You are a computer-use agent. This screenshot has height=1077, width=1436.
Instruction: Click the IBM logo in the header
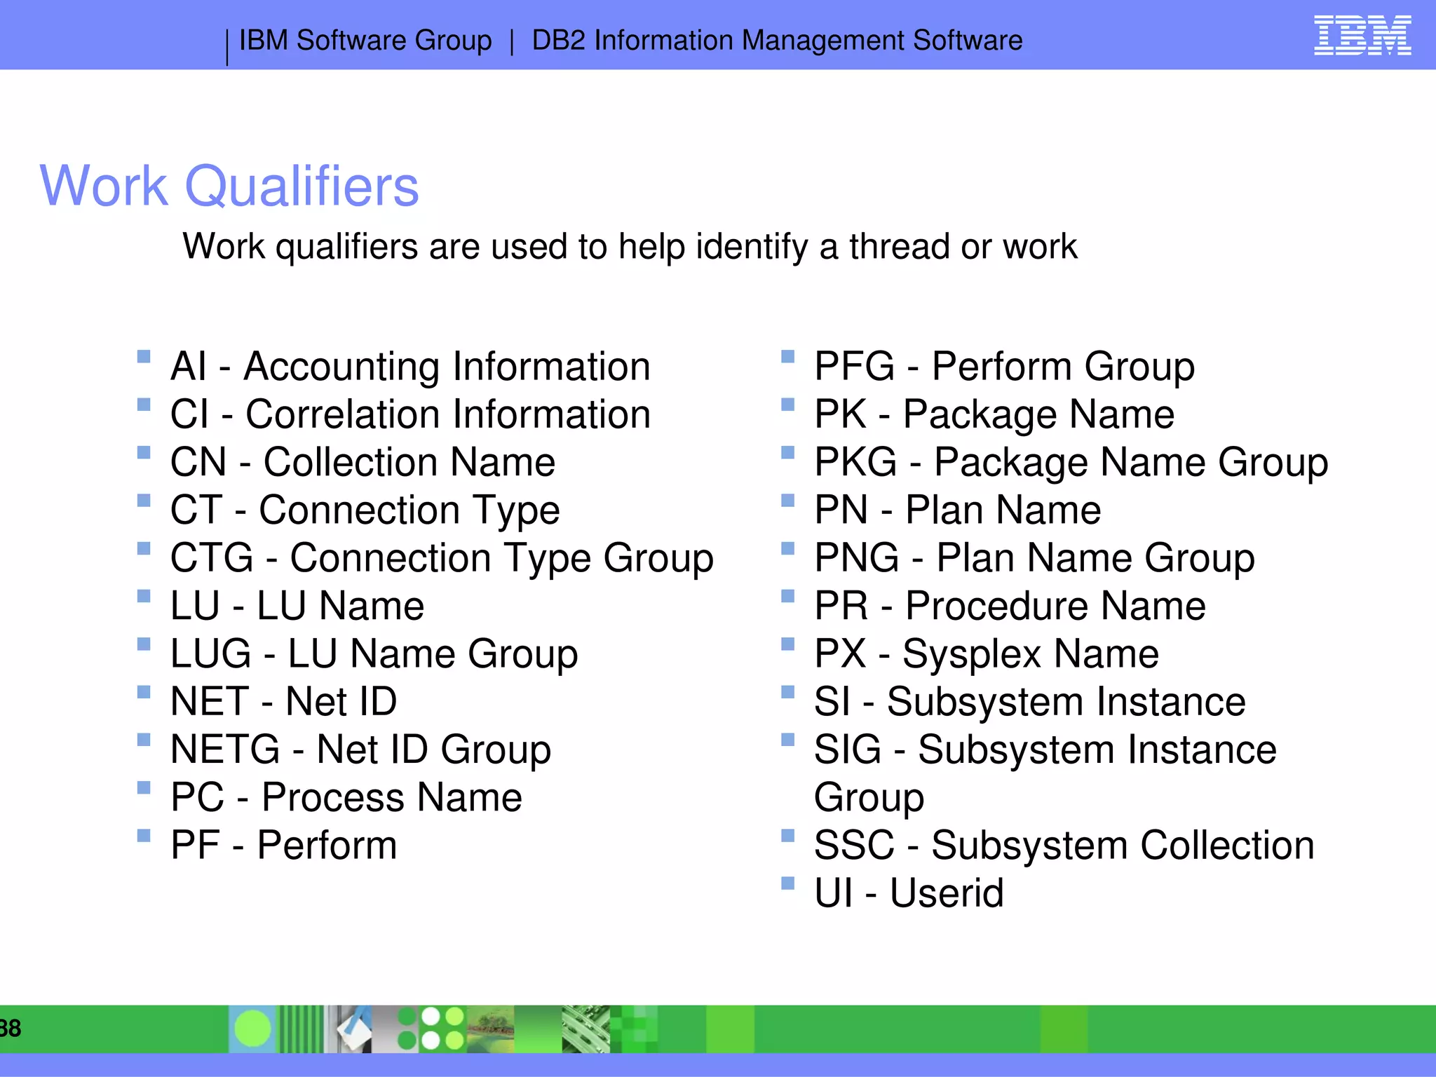click(1362, 35)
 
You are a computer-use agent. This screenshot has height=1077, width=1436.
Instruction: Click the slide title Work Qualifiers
click(229, 186)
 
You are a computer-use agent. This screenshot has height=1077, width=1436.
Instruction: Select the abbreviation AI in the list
click(189, 367)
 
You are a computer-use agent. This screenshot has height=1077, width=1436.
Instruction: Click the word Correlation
click(341, 414)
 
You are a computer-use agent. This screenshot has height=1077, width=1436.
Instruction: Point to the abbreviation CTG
click(212, 558)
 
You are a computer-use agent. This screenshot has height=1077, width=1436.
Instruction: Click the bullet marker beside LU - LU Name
click(144, 596)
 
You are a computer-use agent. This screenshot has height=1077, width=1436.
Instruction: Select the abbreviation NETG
click(225, 750)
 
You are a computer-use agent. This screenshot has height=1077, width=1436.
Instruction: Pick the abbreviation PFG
click(854, 367)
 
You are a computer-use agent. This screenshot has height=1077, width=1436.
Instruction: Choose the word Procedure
click(996, 607)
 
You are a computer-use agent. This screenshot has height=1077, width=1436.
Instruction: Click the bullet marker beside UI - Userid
click(788, 883)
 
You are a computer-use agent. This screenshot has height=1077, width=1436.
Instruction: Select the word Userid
click(947, 894)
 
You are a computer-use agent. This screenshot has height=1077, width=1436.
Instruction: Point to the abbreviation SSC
click(854, 846)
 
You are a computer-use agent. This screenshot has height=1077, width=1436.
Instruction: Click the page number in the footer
click(11, 1029)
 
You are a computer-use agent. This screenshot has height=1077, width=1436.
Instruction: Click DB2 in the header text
click(558, 41)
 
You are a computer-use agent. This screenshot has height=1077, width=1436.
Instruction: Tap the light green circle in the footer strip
click(252, 1029)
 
